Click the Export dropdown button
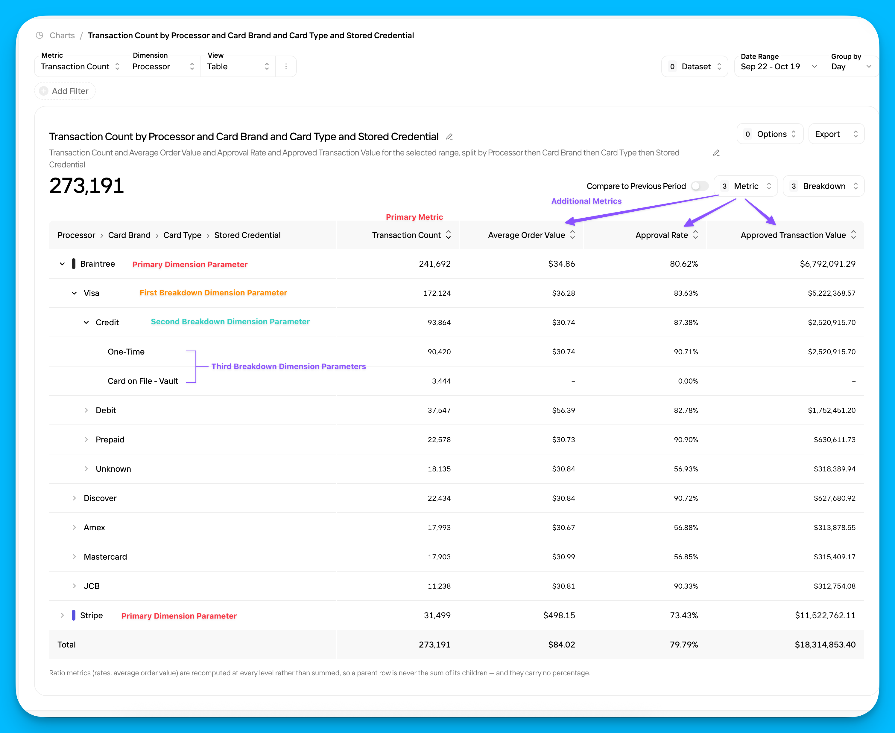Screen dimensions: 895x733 [836, 134]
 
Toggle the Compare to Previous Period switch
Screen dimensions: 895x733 [700, 186]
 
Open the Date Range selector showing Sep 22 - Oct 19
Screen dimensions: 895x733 [779, 66]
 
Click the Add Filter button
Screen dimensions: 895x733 [65, 91]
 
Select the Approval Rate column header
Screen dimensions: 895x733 [662, 235]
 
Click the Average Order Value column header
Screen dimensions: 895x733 [527, 235]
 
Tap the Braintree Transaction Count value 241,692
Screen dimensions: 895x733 [434, 264]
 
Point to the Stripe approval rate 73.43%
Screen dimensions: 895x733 [684, 615]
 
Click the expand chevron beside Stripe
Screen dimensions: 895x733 [62, 615]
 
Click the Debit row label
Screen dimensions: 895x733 [106, 410]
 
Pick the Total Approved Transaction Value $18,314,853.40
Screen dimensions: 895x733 [825, 645]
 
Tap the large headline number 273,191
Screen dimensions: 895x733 [86, 186]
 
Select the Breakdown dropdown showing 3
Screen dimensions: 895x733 [823, 186]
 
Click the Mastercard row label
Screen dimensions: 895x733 [105, 557]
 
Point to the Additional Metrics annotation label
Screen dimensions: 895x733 [586, 201]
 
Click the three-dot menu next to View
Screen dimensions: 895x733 [286, 66]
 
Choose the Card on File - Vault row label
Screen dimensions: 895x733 [143, 381]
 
